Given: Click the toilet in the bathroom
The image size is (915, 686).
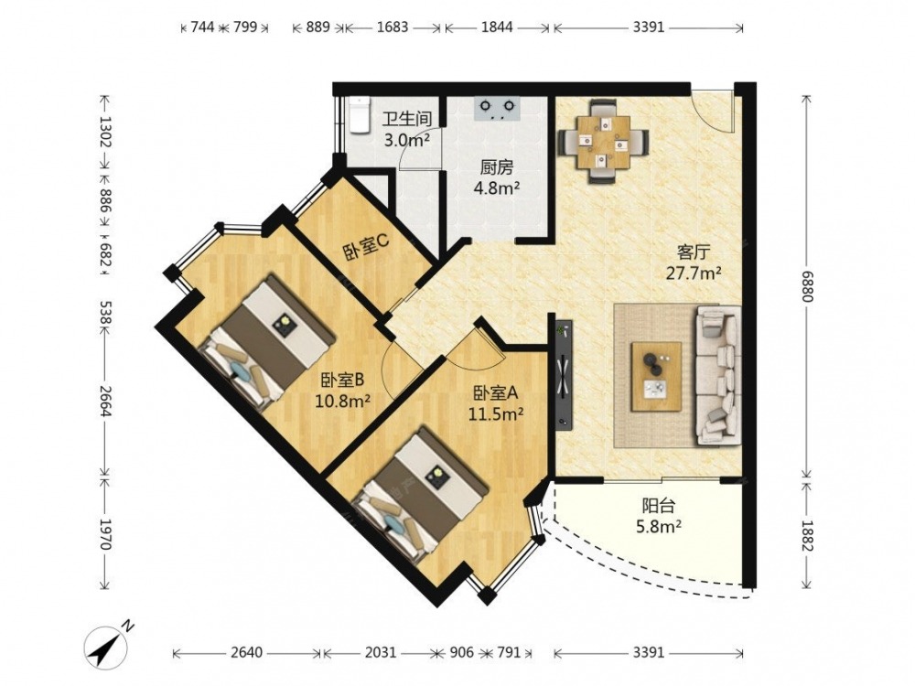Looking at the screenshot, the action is [359, 115].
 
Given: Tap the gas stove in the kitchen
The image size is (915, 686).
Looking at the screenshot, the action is [498, 109].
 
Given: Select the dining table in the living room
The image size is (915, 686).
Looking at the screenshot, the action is [603, 143].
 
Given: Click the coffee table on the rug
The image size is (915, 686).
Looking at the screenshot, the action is [656, 376].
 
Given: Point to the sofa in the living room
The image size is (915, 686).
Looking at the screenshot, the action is [717, 376].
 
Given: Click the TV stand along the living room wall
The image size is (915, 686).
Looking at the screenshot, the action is [564, 374].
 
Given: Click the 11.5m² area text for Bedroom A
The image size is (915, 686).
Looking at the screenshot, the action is [495, 413].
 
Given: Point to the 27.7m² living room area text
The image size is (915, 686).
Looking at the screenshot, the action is [694, 273].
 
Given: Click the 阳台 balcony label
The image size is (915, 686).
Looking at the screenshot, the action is [659, 505].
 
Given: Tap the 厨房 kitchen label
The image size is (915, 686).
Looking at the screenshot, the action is [497, 168].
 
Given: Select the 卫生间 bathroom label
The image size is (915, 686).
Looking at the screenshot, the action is [407, 119].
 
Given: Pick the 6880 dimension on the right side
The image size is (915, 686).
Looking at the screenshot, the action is [806, 286].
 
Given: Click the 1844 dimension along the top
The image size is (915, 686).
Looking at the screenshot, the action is [497, 27].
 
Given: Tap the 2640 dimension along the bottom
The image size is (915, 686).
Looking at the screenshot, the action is [247, 651].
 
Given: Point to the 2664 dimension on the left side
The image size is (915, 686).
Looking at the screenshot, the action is [105, 402].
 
